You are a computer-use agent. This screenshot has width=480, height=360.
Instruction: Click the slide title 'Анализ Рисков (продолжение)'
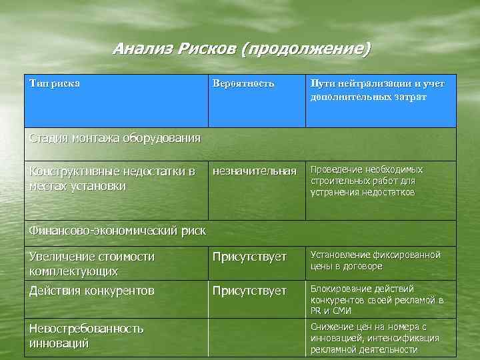pos(241,49)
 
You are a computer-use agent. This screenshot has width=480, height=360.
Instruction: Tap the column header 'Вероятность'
pos(243,84)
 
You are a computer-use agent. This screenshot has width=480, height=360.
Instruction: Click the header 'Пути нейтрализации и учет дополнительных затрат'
pos(377,90)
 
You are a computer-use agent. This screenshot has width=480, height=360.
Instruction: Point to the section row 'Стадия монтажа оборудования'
pos(115,139)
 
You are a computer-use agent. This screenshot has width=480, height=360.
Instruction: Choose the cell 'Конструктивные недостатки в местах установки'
pos(112,178)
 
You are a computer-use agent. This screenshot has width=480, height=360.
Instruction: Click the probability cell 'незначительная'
pos(254,171)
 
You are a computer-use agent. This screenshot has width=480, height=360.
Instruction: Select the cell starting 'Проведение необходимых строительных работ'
pos(366,181)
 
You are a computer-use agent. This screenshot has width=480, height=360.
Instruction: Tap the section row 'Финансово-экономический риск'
pos(117,231)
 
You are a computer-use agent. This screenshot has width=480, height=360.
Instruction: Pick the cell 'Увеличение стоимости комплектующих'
pos(92,263)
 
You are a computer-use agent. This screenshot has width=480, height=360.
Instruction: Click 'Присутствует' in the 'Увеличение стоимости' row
pos(249,257)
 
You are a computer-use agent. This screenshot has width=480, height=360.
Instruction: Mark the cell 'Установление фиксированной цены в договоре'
pos(375,261)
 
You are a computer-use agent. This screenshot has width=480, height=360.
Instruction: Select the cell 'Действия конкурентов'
pos(92,291)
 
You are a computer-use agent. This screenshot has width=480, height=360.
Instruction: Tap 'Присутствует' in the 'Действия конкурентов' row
pos(249,291)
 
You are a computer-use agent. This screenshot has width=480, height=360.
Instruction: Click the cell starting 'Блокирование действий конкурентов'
pos(377,299)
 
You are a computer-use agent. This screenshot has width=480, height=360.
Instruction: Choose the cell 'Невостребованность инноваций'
pos(86,335)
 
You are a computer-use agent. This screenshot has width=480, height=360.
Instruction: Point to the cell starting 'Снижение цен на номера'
pos(374,338)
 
